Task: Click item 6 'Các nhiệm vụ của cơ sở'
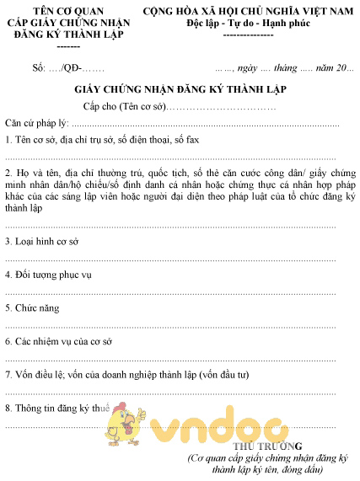58,342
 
